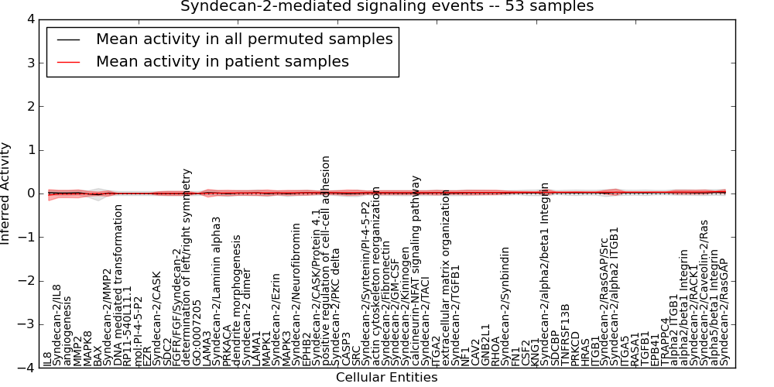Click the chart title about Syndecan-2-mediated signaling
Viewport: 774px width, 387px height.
(387, 6)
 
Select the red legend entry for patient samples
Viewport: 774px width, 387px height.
(222, 61)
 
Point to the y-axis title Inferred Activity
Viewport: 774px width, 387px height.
(6, 193)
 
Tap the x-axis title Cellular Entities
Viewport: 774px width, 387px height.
(386, 378)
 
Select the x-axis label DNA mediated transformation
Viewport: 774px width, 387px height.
(118, 285)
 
